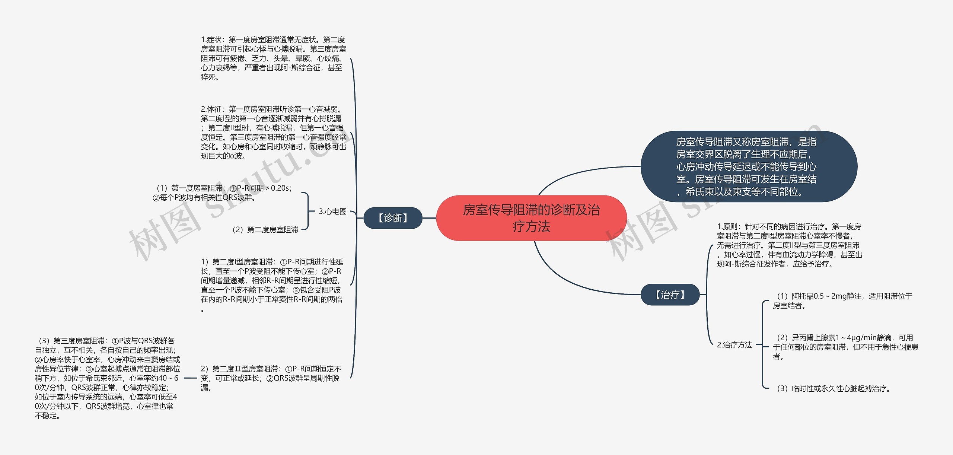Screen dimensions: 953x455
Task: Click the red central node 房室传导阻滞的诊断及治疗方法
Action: (531, 218)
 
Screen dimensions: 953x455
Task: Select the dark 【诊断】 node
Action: (393, 218)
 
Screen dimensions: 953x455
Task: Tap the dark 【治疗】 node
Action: (670, 295)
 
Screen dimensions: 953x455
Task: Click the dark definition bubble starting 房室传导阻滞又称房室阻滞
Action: (748, 166)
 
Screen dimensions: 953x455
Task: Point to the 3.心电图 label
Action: (332, 211)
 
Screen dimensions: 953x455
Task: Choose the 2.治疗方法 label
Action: (734, 345)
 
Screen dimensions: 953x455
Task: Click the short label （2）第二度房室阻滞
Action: (265, 230)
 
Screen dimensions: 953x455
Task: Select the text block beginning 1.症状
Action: (273, 58)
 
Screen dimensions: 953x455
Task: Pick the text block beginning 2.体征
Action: (273, 133)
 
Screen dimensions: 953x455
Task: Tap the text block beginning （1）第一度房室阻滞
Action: (223, 193)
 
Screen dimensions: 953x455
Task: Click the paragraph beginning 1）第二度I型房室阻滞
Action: (272, 285)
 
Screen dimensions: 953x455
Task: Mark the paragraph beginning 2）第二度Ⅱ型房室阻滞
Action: (271, 378)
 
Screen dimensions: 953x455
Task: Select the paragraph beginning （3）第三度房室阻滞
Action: (107, 378)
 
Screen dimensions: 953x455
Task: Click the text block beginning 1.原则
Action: (789, 245)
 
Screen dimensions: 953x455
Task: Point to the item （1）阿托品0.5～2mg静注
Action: (842, 301)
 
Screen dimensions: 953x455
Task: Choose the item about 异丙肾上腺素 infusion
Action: (845, 347)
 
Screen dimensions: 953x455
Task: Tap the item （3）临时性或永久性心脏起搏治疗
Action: (832, 389)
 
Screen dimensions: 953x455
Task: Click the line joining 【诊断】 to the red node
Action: (429, 218)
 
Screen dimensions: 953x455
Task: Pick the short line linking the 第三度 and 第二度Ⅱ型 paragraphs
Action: (190, 378)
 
